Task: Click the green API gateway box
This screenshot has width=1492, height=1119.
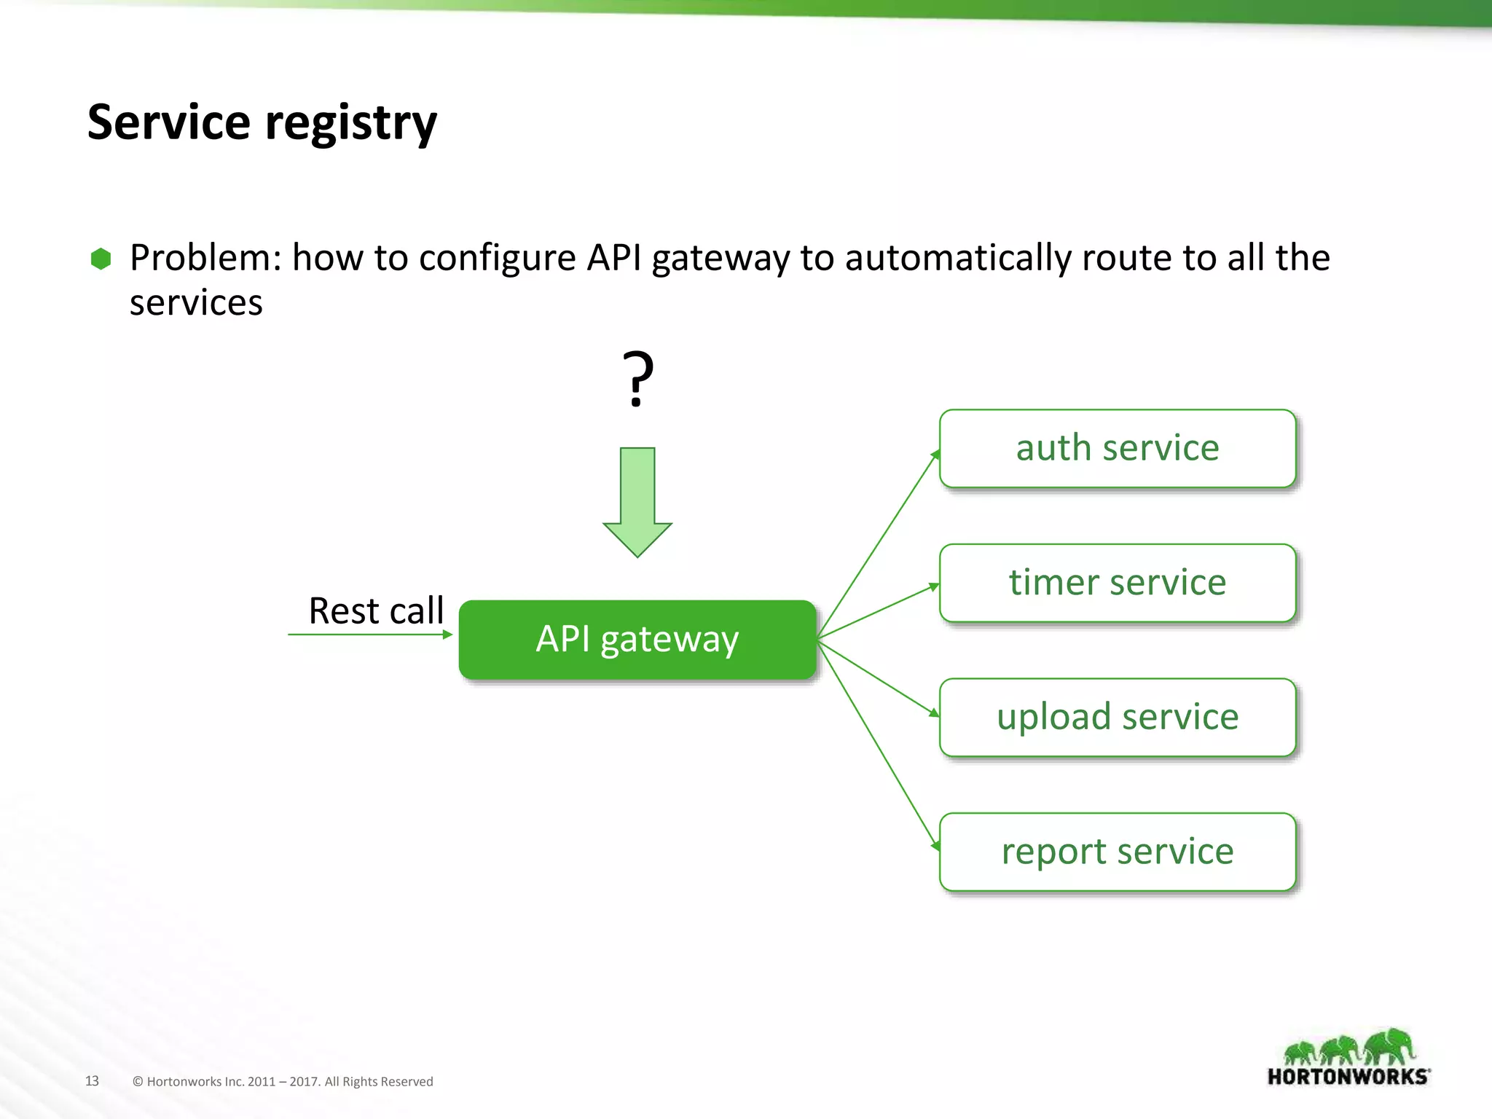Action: (x=637, y=639)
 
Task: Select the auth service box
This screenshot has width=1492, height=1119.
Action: (x=1117, y=448)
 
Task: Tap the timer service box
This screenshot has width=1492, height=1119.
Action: (x=1117, y=583)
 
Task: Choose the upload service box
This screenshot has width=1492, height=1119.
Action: (x=1117, y=717)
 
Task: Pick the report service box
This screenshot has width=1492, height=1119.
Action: (x=1117, y=852)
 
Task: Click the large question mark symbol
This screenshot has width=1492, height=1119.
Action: (x=637, y=379)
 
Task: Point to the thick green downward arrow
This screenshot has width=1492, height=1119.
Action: (x=637, y=503)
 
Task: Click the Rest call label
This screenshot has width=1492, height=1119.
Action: (x=376, y=610)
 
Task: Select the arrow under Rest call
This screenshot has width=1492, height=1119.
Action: (x=370, y=635)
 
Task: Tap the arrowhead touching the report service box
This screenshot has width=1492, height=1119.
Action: (x=935, y=845)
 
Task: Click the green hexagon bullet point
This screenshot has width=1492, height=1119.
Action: (x=101, y=259)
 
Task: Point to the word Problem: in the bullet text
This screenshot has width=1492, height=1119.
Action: (x=205, y=258)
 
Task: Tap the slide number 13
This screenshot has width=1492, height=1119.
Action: (x=92, y=1081)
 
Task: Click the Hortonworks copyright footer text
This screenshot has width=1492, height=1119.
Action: (x=283, y=1082)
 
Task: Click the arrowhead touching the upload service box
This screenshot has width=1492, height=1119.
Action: (x=935, y=712)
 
